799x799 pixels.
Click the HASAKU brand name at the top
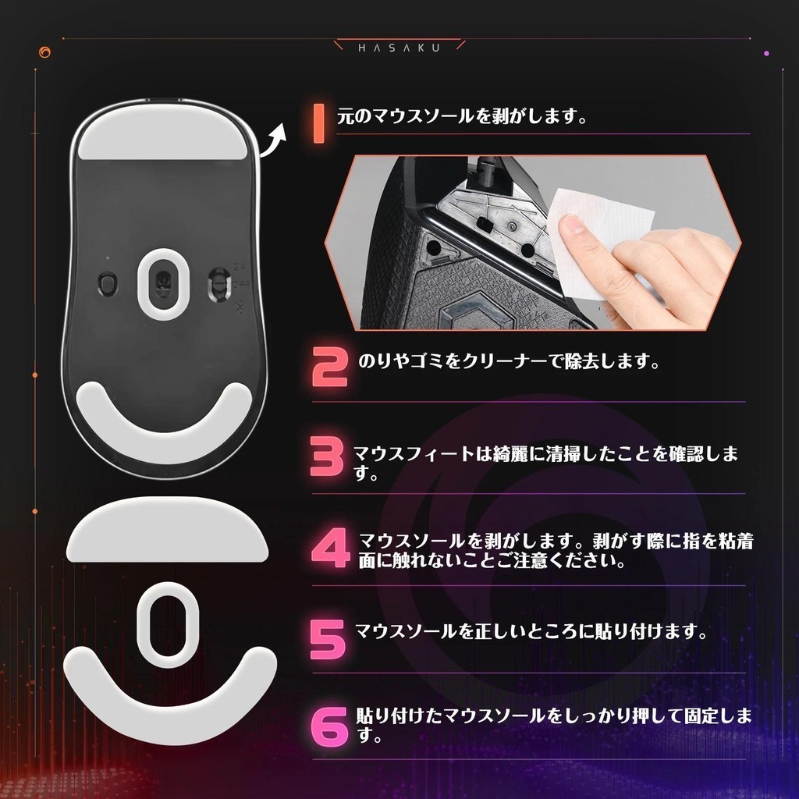click(x=399, y=48)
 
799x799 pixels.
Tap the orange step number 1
click(x=319, y=123)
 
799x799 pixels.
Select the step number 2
click(x=330, y=367)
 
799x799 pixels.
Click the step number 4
click(x=330, y=548)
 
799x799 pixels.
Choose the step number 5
click(x=328, y=639)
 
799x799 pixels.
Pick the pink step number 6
click(x=330, y=726)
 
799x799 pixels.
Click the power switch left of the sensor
click(x=107, y=283)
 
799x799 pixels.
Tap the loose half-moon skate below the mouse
click(x=167, y=530)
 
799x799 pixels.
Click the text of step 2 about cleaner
click(x=509, y=361)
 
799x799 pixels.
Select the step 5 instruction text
click(x=531, y=631)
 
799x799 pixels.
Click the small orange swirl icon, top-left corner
click(x=44, y=52)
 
